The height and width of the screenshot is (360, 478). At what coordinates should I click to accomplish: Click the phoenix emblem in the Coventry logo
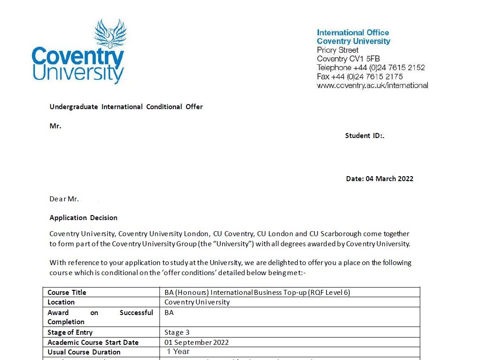(110, 33)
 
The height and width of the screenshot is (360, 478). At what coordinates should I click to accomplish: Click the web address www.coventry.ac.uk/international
(372, 85)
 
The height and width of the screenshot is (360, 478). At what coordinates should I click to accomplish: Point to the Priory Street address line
(338, 50)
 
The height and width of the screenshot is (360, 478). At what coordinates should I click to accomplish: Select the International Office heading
(353, 33)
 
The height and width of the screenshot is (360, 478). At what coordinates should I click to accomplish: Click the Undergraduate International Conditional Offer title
(126, 107)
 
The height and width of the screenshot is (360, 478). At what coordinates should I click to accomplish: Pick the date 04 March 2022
(389, 179)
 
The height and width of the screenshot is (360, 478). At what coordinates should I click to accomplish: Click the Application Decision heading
(83, 218)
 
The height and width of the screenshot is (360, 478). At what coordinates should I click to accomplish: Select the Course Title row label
(67, 292)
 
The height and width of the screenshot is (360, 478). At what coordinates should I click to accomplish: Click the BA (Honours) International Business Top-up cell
(257, 292)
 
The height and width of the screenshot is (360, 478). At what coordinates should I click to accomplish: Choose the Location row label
(61, 302)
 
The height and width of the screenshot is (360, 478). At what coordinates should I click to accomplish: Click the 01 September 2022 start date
(197, 343)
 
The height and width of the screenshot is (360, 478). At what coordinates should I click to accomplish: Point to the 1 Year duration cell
(178, 352)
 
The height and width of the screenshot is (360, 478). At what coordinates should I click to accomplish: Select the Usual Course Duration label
(84, 352)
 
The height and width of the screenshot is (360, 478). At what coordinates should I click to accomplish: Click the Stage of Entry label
(70, 332)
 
